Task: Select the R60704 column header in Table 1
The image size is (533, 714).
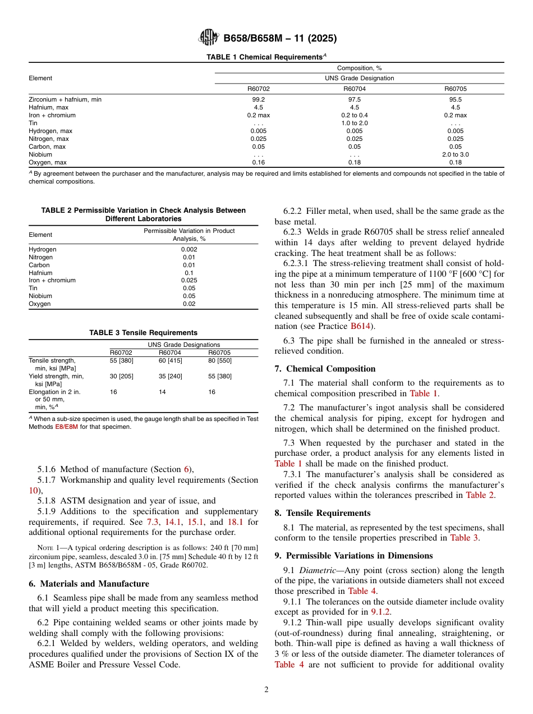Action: coord(355,88)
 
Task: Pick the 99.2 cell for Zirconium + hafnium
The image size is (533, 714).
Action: coord(258,99)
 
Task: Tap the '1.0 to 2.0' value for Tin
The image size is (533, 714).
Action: coord(355,123)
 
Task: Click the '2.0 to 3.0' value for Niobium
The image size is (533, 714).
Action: coord(455,154)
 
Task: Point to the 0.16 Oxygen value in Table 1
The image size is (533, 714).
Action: coord(258,162)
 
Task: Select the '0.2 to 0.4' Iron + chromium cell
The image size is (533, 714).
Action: coord(355,115)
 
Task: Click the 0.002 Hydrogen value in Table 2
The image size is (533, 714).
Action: coord(189,249)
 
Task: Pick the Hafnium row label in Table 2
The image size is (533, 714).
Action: coord(40,273)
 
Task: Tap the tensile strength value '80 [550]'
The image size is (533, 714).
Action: coord(219,360)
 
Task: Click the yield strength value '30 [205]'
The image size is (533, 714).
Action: coord(121,376)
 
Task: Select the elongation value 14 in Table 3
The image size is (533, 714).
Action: coord(162,392)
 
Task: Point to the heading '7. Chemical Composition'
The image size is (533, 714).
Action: coord(325,369)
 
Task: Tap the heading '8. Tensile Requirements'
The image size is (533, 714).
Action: coord(322,513)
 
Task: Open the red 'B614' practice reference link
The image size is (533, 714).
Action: coord(360,326)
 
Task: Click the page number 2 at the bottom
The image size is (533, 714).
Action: coord(266,690)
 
